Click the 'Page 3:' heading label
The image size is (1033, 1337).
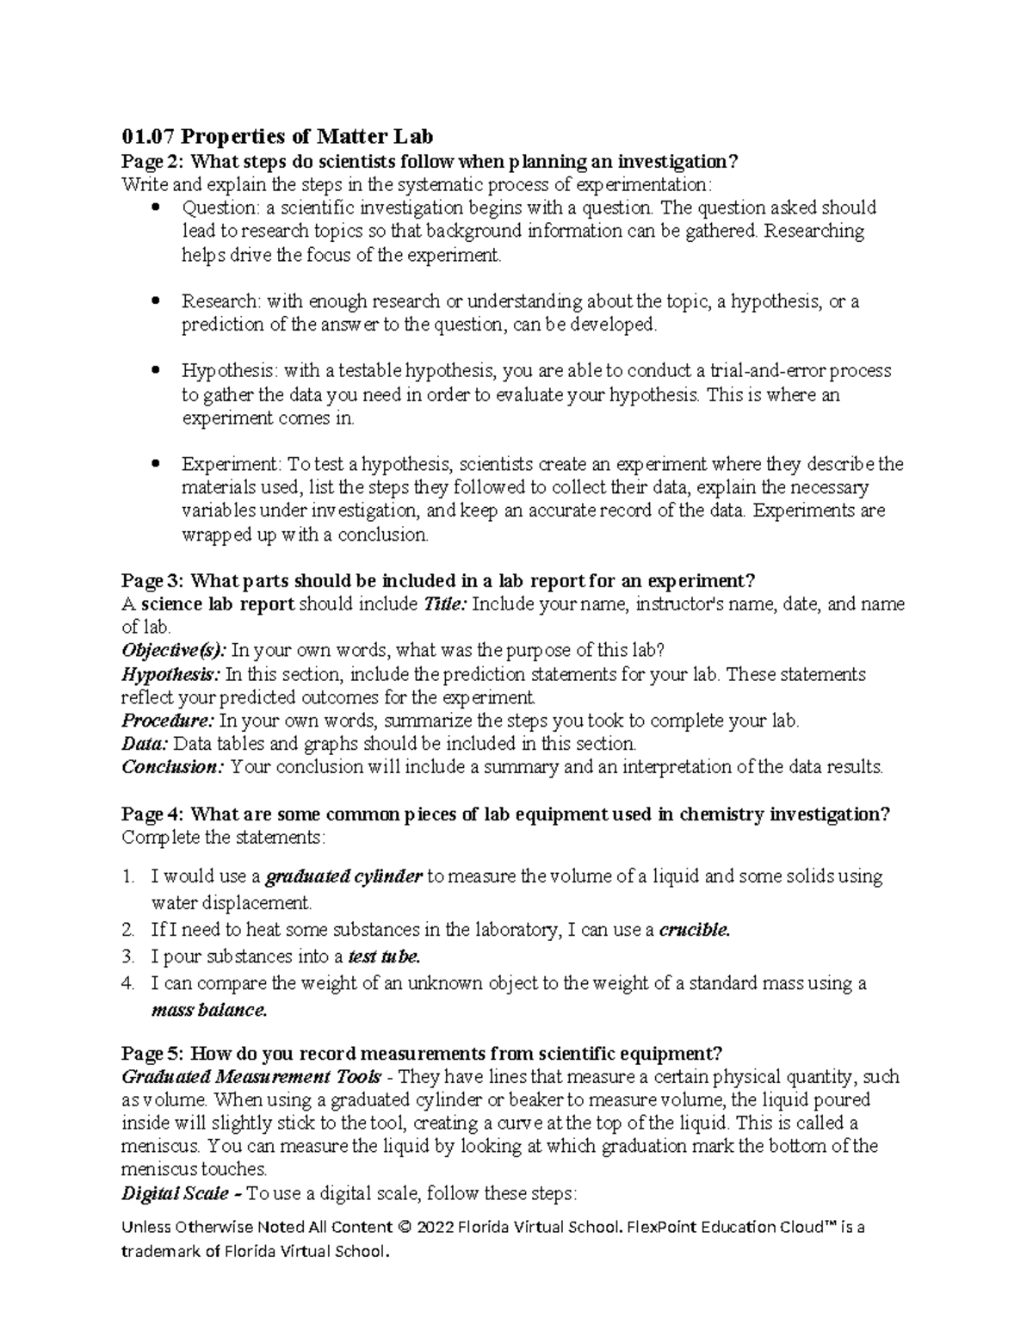(152, 580)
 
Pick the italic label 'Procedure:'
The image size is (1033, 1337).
(167, 721)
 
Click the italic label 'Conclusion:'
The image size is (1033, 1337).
(173, 767)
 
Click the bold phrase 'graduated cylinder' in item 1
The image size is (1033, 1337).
(343, 877)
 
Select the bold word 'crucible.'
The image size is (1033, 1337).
(694, 930)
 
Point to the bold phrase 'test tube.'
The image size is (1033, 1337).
(384, 956)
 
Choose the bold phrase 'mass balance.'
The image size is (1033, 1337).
(209, 1011)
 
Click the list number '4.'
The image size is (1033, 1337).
(128, 983)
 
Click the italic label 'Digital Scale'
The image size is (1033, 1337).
(175, 1194)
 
